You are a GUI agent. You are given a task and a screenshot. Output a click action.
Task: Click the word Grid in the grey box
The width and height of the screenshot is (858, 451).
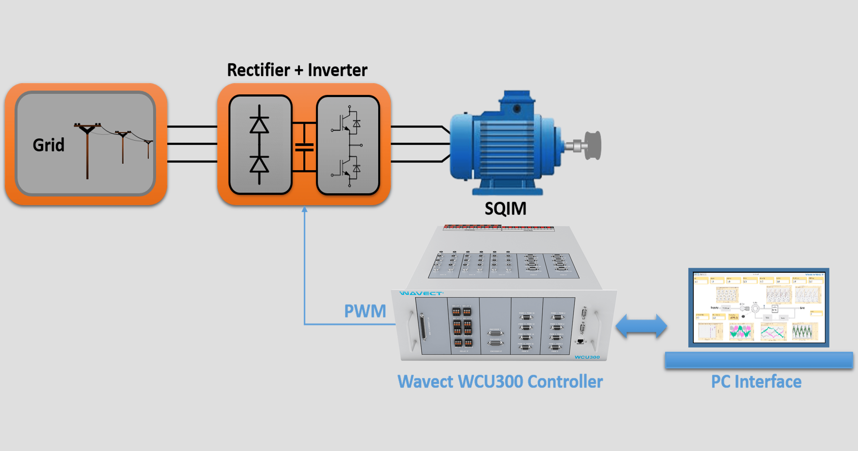coord(49,145)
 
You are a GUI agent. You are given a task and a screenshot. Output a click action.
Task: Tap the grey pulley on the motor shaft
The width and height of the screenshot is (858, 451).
coord(593,146)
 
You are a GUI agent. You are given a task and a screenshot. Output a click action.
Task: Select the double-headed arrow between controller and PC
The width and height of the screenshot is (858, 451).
coord(641,326)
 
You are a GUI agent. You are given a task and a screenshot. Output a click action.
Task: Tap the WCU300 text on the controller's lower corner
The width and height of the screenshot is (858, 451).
coord(587,357)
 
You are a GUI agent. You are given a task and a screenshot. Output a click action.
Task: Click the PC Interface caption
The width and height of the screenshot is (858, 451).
coord(756,382)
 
